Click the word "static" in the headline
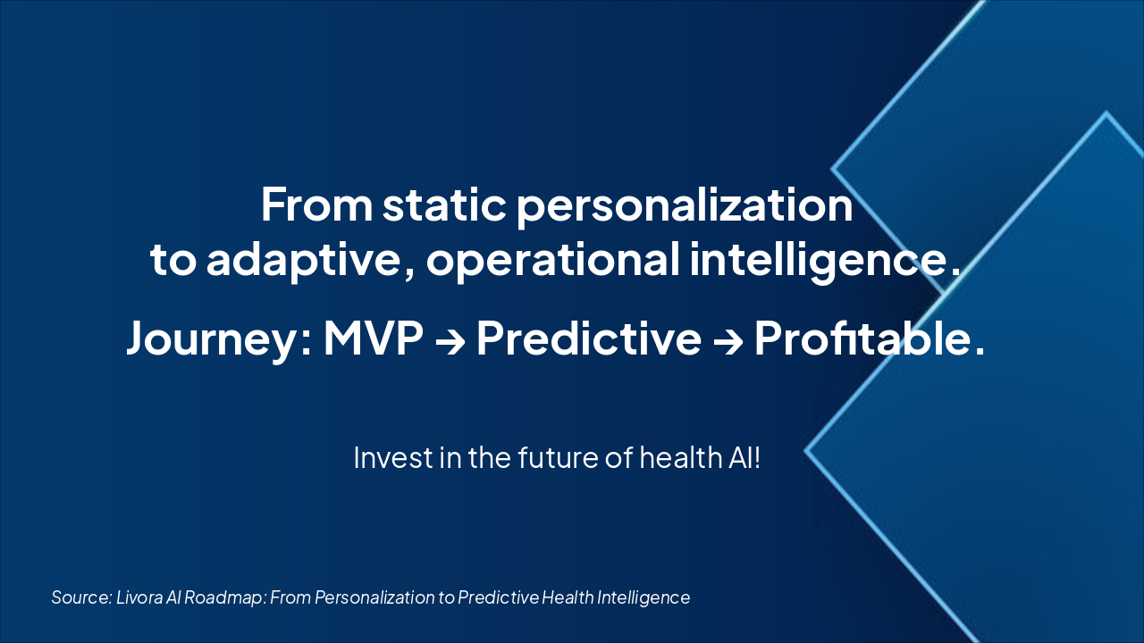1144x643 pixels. pyautogui.click(x=444, y=205)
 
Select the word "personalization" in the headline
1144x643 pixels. pyautogui.click(x=685, y=206)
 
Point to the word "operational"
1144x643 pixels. pyautogui.click(x=553, y=260)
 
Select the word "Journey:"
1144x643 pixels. pyautogui.click(x=219, y=338)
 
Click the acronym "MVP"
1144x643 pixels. pyautogui.click(x=374, y=338)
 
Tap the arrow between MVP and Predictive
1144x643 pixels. pyautogui.click(x=450, y=342)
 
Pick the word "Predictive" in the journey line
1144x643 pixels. pyautogui.click(x=589, y=338)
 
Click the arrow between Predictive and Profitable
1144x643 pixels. pyautogui.click(x=728, y=342)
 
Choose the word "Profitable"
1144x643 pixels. pyautogui.click(x=863, y=338)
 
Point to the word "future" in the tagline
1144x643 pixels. pyautogui.click(x=558, y=457)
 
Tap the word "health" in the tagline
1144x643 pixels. pyautogui.click(x=678, y=457)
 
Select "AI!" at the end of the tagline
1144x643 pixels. pyautogui.click(x=743, y=457)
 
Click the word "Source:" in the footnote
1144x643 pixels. pyautogui.click(x=81, y=597)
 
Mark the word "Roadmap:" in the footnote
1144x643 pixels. pyautogui.click(x=224, y=597)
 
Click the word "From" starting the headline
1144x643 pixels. pyautogui.click(x=316, y=205)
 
